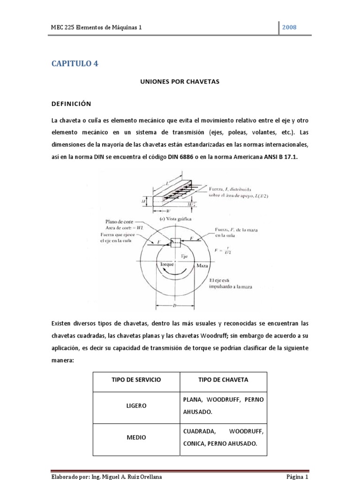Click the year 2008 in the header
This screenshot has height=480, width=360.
290,28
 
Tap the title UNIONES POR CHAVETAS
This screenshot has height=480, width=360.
180,82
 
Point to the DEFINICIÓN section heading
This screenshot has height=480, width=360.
71,103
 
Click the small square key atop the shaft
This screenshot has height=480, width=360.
176,242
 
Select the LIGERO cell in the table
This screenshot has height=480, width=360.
136,405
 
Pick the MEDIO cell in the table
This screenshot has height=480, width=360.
136,437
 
